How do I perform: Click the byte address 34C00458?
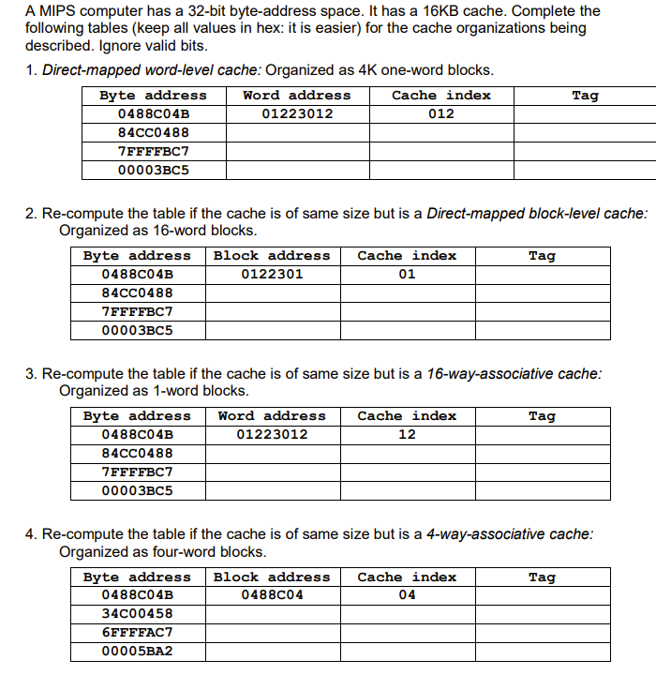point(137,613)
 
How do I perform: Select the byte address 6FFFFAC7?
point(137,632)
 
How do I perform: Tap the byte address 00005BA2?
point(137,651)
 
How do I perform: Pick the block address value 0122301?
point(272,274)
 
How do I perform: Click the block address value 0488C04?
point(272,595)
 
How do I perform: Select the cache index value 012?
point(440,113)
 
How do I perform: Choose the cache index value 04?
point(407,595)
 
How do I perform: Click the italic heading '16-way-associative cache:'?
point(514,373)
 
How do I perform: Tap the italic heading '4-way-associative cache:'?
point(510,533)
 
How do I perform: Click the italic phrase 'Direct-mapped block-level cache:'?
point(536,213)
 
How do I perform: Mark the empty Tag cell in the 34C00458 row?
point(542,613)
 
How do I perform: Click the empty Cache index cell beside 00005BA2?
point(407,651)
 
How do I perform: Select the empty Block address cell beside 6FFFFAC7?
point(272,632)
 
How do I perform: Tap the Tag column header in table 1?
point(585,95)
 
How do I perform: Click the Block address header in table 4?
point(272,577)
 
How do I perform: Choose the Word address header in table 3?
point(272,415)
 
